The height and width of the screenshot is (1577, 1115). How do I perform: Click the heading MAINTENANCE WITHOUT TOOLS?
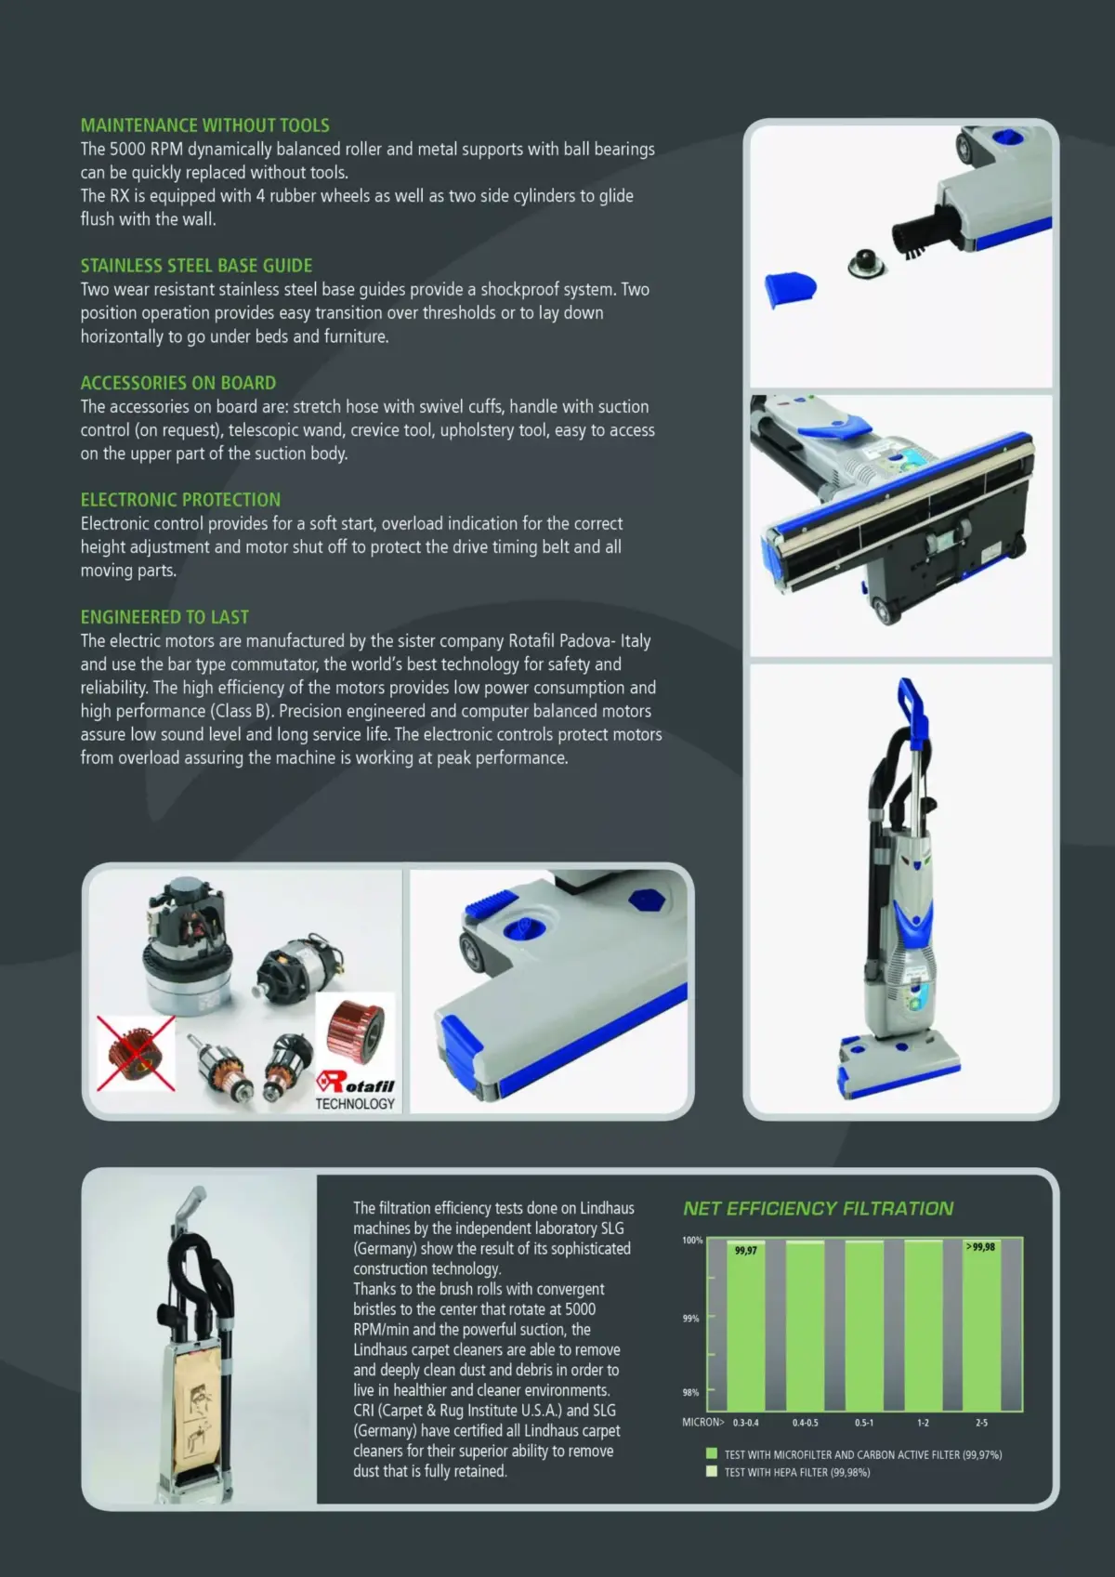204,125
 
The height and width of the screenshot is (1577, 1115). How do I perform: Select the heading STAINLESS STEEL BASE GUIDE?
196,266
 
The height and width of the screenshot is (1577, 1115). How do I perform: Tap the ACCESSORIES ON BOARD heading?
177,383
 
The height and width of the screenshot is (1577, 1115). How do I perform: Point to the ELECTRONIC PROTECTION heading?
180,500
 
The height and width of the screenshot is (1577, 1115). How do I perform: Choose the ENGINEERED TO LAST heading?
164,617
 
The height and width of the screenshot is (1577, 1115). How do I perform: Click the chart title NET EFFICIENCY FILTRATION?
818,1208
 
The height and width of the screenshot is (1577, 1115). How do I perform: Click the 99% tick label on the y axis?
690,1318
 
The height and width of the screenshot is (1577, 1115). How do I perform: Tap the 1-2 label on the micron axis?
923,1423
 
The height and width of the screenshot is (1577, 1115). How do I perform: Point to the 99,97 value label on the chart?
745,1251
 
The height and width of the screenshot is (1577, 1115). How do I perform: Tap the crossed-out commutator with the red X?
136,1053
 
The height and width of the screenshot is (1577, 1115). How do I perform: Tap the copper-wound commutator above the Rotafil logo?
355,1031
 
